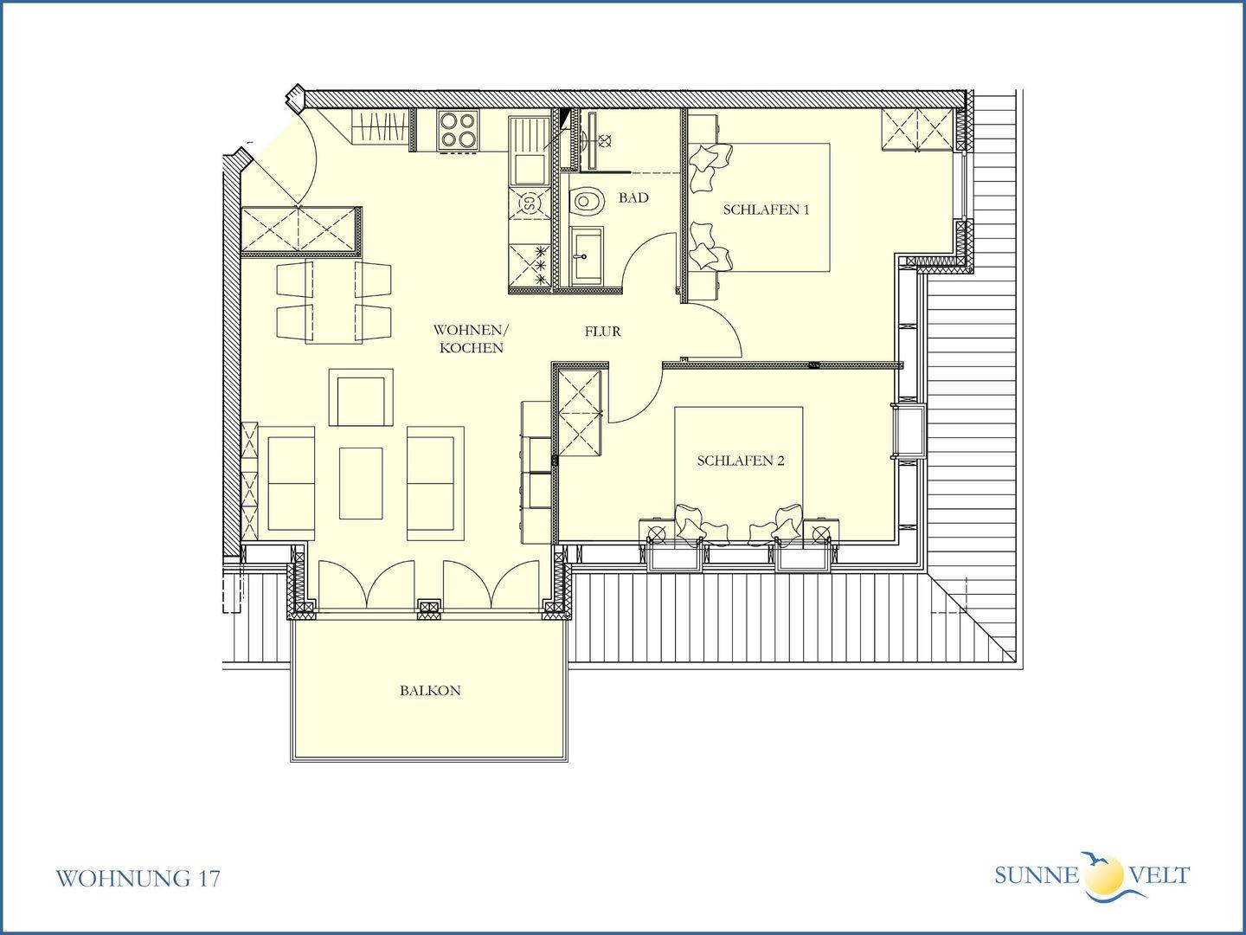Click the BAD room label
click(x=633, y=198)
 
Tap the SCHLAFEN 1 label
click(x=766, y=210)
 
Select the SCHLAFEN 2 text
click(x=740, y=461)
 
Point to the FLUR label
click(x=603, y=332)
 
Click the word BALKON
click(x=430, y=691)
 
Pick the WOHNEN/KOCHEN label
click(x=472, y=339)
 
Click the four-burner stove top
click(x=458, y=130)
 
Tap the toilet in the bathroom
click(x=588, y=202)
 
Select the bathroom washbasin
click(x=587, y=256)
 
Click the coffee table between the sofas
click(x=361, y=483)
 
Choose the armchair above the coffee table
click(x=361, y=397)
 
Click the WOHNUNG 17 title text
click(x=138, y=879)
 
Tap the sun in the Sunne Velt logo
click(x=1104, y=874)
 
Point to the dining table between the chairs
click(x=334, y=303)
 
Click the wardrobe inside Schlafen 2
click(x=580, y=413)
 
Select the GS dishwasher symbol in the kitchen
click(x=529, y=203)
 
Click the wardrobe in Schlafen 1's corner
click(x=916, y=130)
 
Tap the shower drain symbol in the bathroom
click(x=606, y=139)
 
